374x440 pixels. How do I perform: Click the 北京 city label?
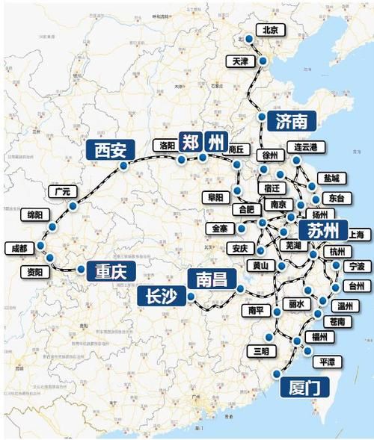coord(269,30)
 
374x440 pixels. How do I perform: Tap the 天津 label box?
coord(241,60)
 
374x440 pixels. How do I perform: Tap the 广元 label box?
coord(62,191)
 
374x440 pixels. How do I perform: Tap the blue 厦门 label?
coord(303,388)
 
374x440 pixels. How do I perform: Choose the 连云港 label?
coord(307,147)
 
